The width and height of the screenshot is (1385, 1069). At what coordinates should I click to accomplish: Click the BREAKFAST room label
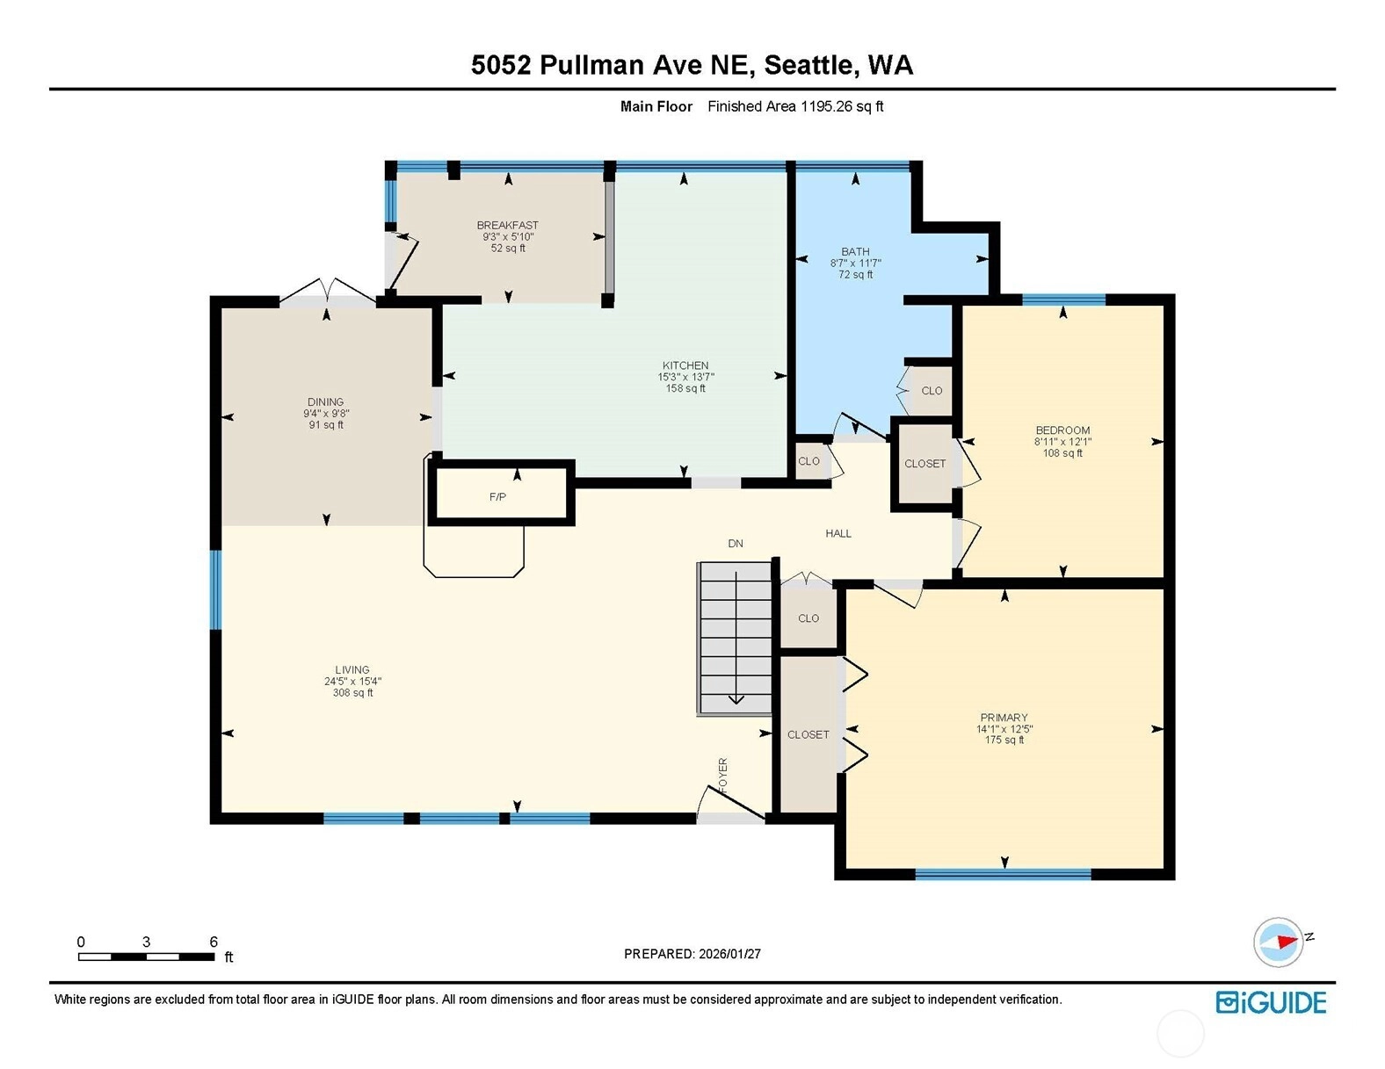pos(507,225)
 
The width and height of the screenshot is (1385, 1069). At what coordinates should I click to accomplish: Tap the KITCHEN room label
pos(685,365)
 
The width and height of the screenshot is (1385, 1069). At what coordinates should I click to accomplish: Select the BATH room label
pos(855,251)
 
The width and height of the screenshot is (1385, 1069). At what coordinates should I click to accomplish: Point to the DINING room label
pos(326,402)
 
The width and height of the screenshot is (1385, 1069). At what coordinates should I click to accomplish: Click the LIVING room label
pos(352,669)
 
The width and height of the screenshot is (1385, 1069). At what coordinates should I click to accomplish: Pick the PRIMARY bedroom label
pos(1004,718)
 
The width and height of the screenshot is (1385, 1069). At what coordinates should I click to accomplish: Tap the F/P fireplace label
pos(497,497)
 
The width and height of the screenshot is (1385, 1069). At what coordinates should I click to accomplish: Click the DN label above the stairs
pos(736,544)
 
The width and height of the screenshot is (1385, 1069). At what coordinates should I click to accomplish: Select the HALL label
pos(838,533)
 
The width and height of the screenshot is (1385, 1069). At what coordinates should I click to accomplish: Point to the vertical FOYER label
pos(722,776)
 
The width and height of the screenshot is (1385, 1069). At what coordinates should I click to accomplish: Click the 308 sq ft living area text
pos(352,692)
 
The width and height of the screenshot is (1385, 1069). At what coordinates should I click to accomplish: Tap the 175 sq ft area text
pos(1004,740)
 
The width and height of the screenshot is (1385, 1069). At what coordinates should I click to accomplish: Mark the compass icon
pos(1278,943)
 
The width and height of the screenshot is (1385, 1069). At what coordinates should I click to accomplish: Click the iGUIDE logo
pos(1271,1003)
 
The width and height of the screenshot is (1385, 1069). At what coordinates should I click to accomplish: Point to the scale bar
pos(147,957)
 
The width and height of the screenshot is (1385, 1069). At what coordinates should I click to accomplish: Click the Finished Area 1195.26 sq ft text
pos(795,106)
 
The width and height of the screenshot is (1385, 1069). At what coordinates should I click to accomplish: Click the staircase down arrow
pos(736,638)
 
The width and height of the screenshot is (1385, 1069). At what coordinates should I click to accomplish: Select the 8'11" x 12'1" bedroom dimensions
pos(1062,442)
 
